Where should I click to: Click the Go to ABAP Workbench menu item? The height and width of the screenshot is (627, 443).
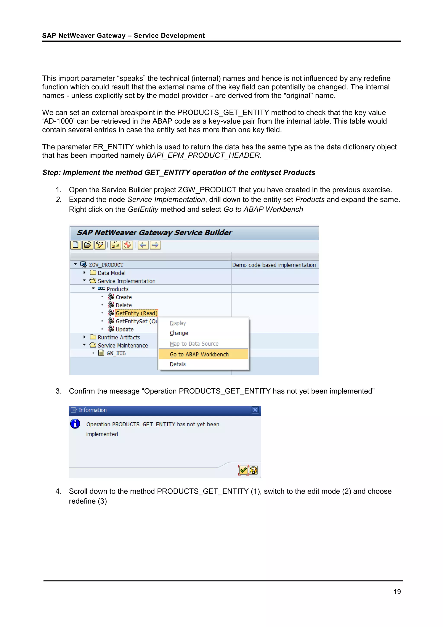(199, 354)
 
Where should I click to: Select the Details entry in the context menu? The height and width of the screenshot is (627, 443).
(178, 364)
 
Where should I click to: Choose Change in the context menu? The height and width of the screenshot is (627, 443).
(179, 333)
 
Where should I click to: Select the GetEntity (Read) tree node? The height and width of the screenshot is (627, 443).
(136, 313)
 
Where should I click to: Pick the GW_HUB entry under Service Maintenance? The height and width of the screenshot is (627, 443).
(116, 353)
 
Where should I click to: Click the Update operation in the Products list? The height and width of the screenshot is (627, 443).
(124, 329)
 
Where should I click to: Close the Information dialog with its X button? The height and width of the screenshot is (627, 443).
(255, 410)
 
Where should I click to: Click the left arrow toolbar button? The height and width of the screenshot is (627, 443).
(143, 245)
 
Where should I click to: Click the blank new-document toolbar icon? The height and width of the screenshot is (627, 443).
(76, 245)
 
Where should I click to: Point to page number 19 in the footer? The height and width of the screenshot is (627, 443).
(397, 592)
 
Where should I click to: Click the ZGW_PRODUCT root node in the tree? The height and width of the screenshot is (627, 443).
(106, 265)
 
